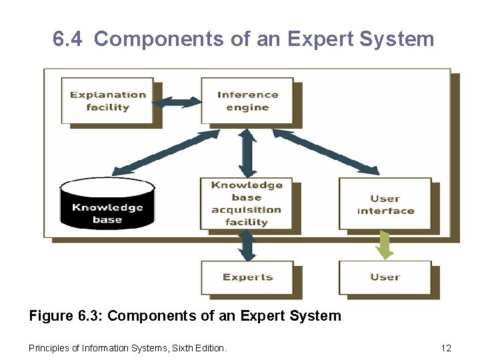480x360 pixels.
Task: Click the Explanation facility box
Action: click(x=107, y=101)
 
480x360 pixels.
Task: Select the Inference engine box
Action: click(x=247, y=101)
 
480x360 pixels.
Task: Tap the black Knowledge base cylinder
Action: click(x=107, y=204)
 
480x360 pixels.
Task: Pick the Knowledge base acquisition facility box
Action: click(x=247, y=203)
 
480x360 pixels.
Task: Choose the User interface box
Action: click(x=385, y=204)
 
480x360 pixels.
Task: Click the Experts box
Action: click(x=247, y=277)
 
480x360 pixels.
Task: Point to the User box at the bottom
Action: click(x=385, y=277)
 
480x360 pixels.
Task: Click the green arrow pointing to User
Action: click(x=385, y=245)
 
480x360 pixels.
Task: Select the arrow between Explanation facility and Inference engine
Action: click(x=177, y=102)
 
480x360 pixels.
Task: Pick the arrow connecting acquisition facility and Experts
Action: click(x=247, y=245)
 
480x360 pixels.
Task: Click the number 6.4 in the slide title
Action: click(x=67, y=39)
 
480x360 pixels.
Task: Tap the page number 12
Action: click(x=446, y=348)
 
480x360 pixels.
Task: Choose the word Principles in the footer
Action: click(x=47, y=348)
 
